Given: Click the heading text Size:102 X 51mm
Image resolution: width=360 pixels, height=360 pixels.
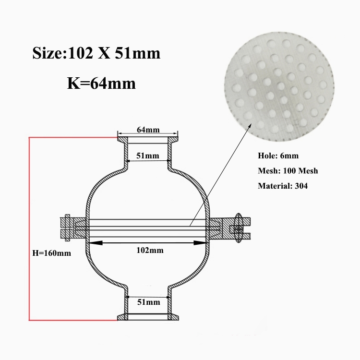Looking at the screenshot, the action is [x=96, y=53].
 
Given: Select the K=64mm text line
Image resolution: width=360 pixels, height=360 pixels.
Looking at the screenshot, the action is [x=101, y=83].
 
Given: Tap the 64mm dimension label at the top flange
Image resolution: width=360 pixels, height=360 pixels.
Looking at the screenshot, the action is [x=148, y=130].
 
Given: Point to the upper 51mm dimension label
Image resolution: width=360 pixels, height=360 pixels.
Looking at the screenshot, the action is [x=148, y=156].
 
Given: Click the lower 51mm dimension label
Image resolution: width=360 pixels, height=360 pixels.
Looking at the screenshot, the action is [x=148, y=302].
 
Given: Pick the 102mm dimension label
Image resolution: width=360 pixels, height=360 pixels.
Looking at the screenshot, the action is [x=150, y=250].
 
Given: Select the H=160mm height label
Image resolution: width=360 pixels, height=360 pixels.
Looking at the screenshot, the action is [x=52, y=253].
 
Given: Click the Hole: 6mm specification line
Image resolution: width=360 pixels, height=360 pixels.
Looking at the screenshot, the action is [x=278, y=156].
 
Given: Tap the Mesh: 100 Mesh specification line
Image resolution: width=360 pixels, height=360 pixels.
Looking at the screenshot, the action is [x=288, y=170].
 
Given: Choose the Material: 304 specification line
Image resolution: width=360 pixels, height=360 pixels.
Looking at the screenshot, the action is [x=283, y=186].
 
